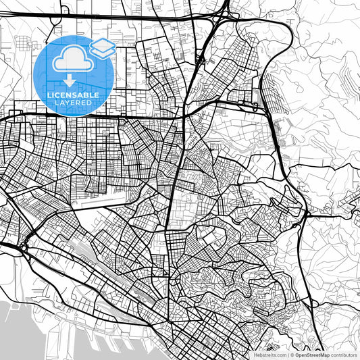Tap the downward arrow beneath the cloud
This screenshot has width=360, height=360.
pyautogui.click(x=70, y=80)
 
